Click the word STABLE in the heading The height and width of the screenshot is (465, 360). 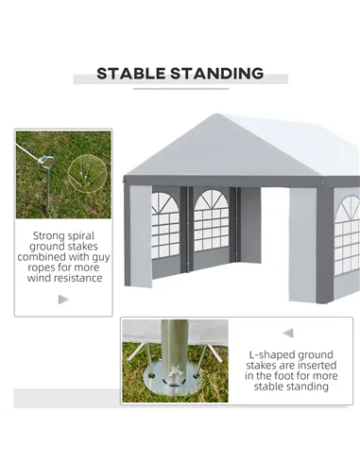(x=131, y=74)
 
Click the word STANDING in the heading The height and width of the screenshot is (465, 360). (x=217, y=74)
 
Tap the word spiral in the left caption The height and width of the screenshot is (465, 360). (x=79, y=236)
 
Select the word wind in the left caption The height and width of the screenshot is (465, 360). (x=40, y=278)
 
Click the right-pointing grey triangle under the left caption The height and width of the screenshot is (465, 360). (x=63, y=300)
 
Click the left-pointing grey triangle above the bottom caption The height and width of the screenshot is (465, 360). (x=288, y=333)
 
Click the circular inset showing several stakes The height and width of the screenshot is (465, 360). (x=88, y=173)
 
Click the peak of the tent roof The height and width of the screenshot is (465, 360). (x=216, y=114)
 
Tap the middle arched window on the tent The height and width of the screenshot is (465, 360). (x=212, y=220)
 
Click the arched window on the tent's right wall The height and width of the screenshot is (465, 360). (x=347, y=234)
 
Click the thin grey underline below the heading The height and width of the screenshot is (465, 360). (x=180, y=89)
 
